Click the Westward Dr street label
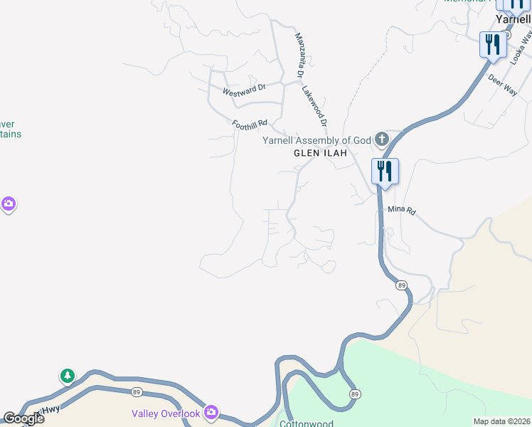244,90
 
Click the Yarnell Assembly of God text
317,140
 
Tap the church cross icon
382,138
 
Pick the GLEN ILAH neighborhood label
320,153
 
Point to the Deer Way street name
502,83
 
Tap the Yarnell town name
514,20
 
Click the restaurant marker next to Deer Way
492,45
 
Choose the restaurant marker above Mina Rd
385,172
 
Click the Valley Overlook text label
166,414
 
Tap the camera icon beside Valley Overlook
211,412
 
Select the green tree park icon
68,375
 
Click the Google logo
23,418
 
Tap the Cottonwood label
307,423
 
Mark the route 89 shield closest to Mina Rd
402,285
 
